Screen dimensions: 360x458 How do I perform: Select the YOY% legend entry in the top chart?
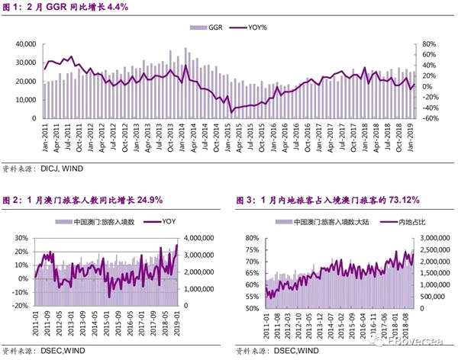tap(260, 27)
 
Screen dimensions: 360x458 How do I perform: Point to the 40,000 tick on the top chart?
tap(24, 44)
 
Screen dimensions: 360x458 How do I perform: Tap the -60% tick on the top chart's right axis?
tap(431, 119)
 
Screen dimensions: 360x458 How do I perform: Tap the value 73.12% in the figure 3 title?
tap(396, 201)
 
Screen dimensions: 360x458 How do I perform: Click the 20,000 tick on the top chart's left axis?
tap(24, 82)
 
